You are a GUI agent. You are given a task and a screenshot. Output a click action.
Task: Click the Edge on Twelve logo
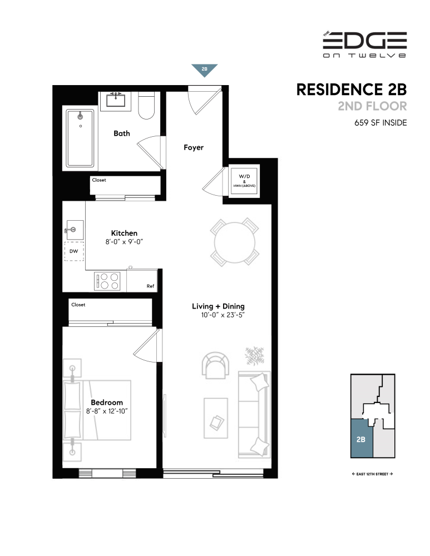[364, 44]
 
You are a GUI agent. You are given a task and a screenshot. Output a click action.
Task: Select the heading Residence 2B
[352, 90]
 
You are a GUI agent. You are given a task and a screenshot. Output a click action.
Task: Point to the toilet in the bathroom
[146, 106]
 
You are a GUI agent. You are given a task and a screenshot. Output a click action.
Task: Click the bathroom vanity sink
[117, 100]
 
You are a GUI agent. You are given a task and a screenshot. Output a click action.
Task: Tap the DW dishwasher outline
[74, 251]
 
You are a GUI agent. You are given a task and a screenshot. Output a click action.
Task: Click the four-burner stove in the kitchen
[108, 280]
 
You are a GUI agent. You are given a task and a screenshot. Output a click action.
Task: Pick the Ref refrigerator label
[150, 286]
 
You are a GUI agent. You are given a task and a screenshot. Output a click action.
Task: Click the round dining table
[234, 242]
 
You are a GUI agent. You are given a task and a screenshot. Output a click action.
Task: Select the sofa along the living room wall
[255, 412]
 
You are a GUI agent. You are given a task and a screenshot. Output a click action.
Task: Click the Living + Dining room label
[218, 306]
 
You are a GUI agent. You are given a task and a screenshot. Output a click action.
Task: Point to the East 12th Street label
[369, 474]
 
